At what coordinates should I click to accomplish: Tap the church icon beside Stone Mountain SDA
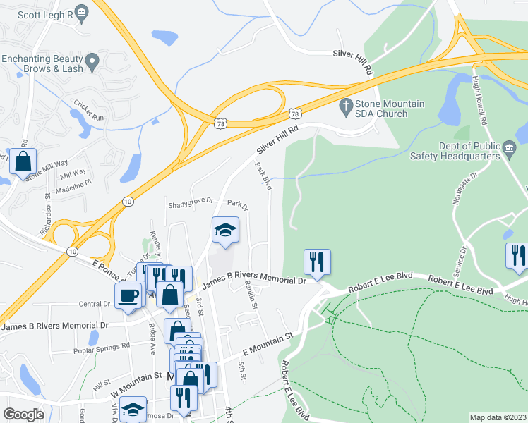tap(346, 109)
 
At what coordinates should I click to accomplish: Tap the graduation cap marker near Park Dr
tap(225, 231)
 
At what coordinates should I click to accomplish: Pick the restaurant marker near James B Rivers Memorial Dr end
tap(316, 262)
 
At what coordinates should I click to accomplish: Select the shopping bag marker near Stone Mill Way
tap(23, 161)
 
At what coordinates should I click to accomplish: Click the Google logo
tap(23, 415)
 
